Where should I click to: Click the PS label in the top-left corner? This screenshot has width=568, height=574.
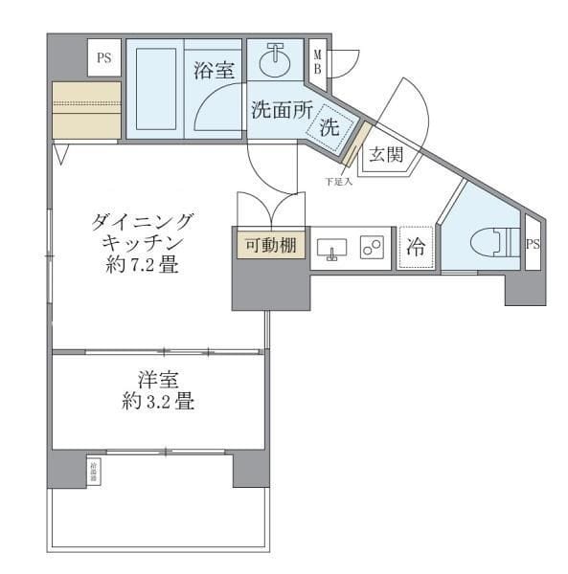[102, 57]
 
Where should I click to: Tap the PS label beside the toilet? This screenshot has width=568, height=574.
[533, 244]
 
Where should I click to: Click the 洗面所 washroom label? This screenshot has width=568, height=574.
[281, 109]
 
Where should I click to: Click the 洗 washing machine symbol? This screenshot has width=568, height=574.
[330, 127]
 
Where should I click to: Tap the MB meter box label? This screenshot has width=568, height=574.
[317, 61]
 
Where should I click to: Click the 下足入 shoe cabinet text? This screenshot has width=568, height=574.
[339, 181]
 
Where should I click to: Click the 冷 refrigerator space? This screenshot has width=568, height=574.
[416, 246]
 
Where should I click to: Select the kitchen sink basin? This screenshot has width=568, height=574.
[332, 247]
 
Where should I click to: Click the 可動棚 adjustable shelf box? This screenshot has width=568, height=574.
[269, 245]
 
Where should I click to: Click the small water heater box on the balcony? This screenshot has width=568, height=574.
[94, 469]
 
